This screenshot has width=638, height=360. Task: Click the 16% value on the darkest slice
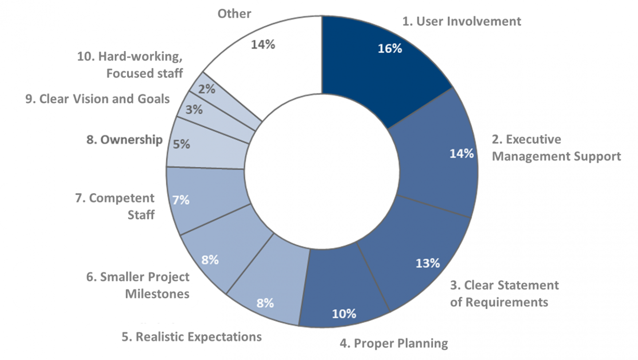(x=389, y=48)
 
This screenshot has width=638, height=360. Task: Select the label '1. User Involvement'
(x=461, y=21)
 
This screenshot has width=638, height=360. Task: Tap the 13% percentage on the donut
(x=428, y=263)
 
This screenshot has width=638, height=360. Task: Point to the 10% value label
(x=344, y=314)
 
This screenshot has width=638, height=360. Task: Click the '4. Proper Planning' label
(x=393, y=344)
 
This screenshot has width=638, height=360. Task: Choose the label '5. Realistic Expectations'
(x=192, y=337)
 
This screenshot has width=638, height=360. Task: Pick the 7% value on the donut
(x=181, y=200)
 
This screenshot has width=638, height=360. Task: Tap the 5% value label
(x=181, y=144)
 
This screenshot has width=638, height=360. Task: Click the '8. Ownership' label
(x=124, y=140)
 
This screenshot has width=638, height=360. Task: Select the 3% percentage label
(x=194, y=110)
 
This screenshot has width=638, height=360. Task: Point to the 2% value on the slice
(x=206, y=89)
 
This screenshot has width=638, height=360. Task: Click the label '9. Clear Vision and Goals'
(x=97, y=99)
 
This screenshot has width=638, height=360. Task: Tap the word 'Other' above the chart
(x=234, y=14)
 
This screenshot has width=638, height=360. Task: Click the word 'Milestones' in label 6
(x=157, y=294)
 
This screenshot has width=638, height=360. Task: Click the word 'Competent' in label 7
(x=121, y=198)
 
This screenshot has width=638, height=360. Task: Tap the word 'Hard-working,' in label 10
(x=140, y=57)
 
